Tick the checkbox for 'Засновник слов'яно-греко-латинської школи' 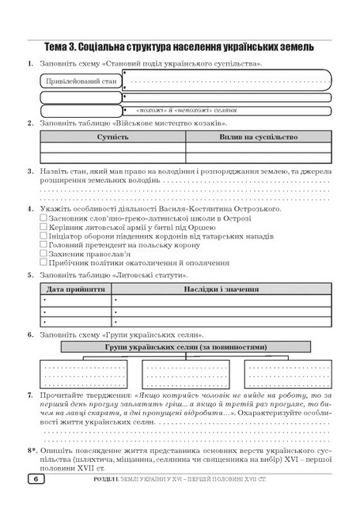[x=44, y=217]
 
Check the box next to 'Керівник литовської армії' [x=44, y=227]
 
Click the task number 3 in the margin [x=30, y=170]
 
